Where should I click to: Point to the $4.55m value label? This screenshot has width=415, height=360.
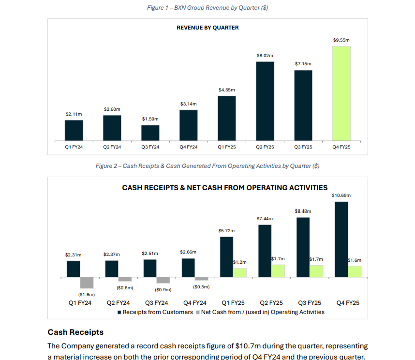(x=226, y=90)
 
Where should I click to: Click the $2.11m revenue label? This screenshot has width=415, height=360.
(x=74, y=114)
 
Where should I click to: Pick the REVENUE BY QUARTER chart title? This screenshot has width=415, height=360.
(x=207, y=28)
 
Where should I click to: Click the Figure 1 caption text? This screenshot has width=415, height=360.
(x=207, y=8)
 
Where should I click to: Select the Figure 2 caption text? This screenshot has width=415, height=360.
(x=207, y=166)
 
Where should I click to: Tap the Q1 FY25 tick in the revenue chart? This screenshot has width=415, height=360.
(x=226, y=147)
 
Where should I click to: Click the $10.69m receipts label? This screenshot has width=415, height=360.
(x=341, y=195)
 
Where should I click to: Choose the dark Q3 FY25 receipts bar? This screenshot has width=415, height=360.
(x=303, y=247)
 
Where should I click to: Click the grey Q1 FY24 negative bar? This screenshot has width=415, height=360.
(x=87, y=283)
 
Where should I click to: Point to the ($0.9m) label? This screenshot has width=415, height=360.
(x=163, y=290)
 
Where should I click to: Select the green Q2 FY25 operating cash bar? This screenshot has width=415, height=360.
(x=278, y=270)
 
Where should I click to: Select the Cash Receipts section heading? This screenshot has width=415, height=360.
(x=75, y=332)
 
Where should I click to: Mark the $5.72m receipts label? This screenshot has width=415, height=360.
(x=226, y=230)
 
